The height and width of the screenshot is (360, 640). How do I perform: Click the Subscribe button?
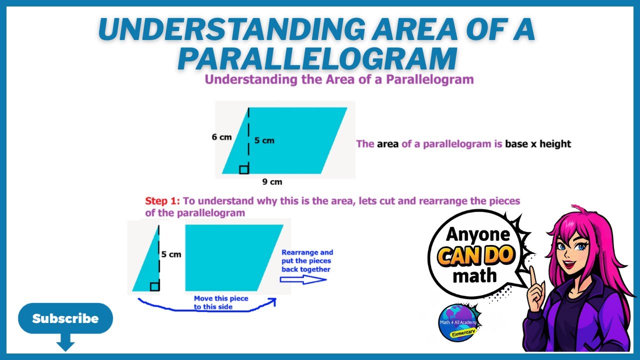pyautogui.click(x=65, y=318)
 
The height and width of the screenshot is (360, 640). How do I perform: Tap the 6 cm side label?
pyautogui.click(x=221, y=137)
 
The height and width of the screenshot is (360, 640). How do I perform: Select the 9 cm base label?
pyautogui.click(x=272, y=182)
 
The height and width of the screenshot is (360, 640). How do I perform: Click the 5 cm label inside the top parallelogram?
pyautogui.click(x=264, y=140)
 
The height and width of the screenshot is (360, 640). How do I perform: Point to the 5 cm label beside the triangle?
pyautogui.click(x=171, y=254)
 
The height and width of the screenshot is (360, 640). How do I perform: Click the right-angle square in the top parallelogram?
pyautogui.click(x=244, y=169)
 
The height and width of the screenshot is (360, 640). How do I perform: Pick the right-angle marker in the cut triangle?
pyautogui.click(x=154, y=286)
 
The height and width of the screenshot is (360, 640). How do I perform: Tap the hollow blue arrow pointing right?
pyautogui.click(x=303, y=279)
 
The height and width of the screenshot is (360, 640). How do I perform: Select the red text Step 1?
pyautogui.click(x=162, y=201)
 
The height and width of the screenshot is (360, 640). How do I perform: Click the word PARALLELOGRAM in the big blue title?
pyautogui.click(x=317, y=59)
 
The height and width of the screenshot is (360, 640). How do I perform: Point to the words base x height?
pyautogui.click(x=538, y=144)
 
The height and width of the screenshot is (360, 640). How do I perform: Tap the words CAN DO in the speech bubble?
pyautogui.click(x=476, y=255)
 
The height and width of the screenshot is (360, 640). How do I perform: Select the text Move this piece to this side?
pyautogui.click(x=220, y=302)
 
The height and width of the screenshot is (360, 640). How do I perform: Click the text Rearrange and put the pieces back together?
pyautogui.click(x=306, y=261)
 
